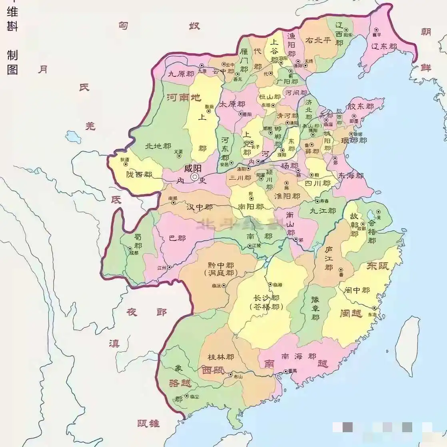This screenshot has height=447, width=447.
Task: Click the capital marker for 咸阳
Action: click(195, 177)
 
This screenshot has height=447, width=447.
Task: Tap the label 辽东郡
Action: click(384, 47)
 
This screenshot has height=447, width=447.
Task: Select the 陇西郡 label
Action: click(139, 175)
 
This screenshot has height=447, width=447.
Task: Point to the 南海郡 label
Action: click(298, 356)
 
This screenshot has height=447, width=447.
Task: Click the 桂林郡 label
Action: click(221, 357)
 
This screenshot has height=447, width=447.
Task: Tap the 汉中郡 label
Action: click(200, 207)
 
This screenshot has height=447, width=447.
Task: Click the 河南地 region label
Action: click(184, 98)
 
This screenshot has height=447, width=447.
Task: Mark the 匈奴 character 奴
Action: click(194, 26)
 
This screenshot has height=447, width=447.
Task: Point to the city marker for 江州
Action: click(169, 267)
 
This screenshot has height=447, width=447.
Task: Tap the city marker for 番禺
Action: click(285, 371)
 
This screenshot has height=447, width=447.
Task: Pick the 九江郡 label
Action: click(323, 210)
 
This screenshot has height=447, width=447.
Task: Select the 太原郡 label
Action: click(231, 104)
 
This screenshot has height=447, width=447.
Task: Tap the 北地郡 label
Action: click(158, 146)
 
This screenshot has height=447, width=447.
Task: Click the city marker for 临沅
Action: click(224, 285)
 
